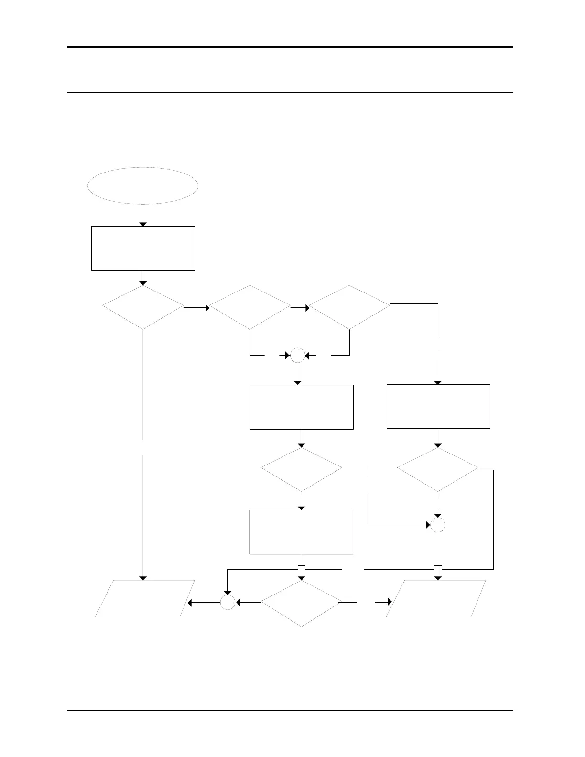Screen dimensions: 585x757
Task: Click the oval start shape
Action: click(143, 185)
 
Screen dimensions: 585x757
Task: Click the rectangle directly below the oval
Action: click(143, 248)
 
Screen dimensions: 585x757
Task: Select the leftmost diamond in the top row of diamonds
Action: click(143, 307)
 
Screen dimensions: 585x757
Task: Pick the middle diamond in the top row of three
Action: click(250, 307)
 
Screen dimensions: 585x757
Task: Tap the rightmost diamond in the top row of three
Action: click(349, 307)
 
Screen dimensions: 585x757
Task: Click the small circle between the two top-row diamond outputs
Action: click(297, 356)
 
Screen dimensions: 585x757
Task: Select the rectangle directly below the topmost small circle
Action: click(302, 407)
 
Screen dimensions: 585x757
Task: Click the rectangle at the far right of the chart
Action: click(438, 406)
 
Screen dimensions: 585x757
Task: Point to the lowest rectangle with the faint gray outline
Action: click(301, 532)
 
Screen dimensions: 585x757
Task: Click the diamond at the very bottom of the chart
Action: click(302, 603)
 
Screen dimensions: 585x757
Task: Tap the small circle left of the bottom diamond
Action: click(227, 603)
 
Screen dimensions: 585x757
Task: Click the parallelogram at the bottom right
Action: click(436, 598)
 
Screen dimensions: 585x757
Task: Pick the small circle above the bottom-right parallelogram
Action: click(438, 525)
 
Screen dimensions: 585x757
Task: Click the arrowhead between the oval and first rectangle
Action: click(143, 224)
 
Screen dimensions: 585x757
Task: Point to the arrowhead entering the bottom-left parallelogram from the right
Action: click(190, 603)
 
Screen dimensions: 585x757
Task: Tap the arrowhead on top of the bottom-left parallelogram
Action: click(143, 578)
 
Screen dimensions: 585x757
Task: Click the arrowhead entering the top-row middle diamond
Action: click(207, 308)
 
